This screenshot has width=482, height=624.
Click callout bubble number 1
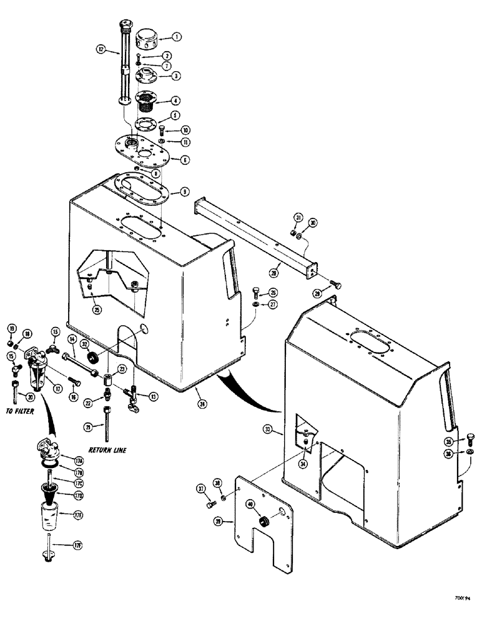coord(177,37)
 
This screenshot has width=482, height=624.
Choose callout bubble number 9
coord(185,193)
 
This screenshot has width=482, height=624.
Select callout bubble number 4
coord(177,100)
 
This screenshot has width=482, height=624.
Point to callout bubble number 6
coord(185,160)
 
